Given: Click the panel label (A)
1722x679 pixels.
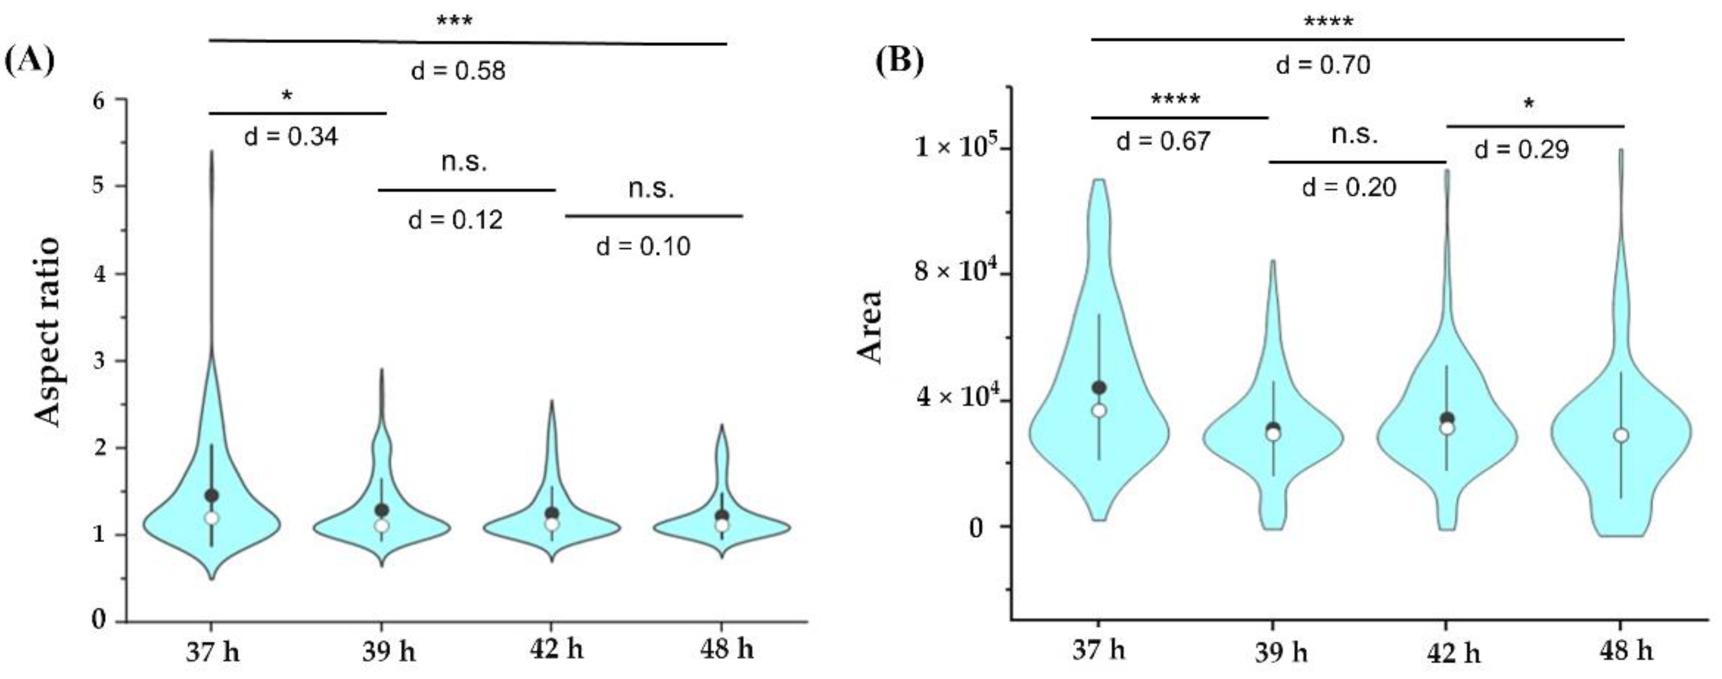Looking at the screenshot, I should tap(29, 62).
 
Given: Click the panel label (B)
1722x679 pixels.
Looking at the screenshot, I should tap(900, 62).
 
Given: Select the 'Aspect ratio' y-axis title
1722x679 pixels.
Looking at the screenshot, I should tap(48, 333).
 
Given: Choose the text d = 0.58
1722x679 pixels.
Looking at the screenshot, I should tap(458, 71).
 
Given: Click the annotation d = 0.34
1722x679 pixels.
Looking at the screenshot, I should tap(291, 137).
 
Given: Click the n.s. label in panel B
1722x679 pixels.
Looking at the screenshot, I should tap(1354, 135).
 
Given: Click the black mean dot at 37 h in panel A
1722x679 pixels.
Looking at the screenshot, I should tap(212, 496).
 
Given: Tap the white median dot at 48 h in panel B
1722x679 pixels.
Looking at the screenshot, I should tap(1620, 436).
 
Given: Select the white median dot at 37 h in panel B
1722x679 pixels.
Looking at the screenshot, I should tap(1099, 411).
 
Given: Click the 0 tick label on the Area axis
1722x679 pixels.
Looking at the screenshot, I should tap(976, 529).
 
